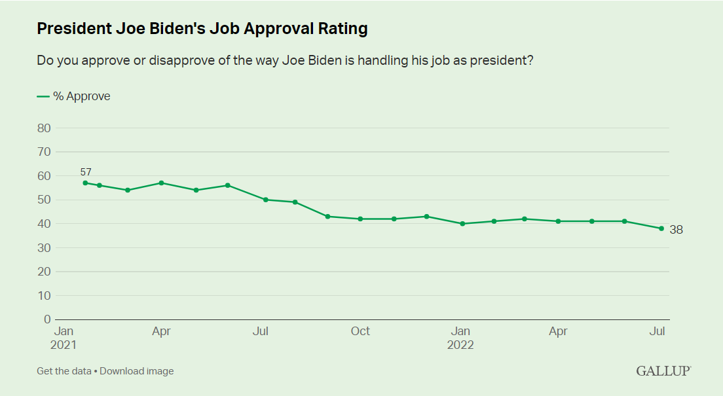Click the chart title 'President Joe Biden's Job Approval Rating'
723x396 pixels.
point(202,29)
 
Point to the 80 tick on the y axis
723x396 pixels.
point(44,128)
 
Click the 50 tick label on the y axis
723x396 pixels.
point(44,200)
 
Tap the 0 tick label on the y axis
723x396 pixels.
point(47,319)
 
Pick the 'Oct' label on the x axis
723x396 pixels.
point(360,331)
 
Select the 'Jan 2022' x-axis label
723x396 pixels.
point(460,338)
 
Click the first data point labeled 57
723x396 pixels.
point(85,183)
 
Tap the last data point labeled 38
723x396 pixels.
point(661,228)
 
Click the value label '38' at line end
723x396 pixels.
point(676,230)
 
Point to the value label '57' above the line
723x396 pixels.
point(86,172)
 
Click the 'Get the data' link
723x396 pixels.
point(64,371)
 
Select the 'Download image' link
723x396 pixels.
point(137,371)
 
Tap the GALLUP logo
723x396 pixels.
point(663,371)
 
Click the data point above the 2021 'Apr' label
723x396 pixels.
point(161,183)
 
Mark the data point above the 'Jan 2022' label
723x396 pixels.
point(462,224)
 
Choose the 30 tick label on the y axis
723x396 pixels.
point(44,247)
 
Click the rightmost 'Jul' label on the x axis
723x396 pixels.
point(657,331)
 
